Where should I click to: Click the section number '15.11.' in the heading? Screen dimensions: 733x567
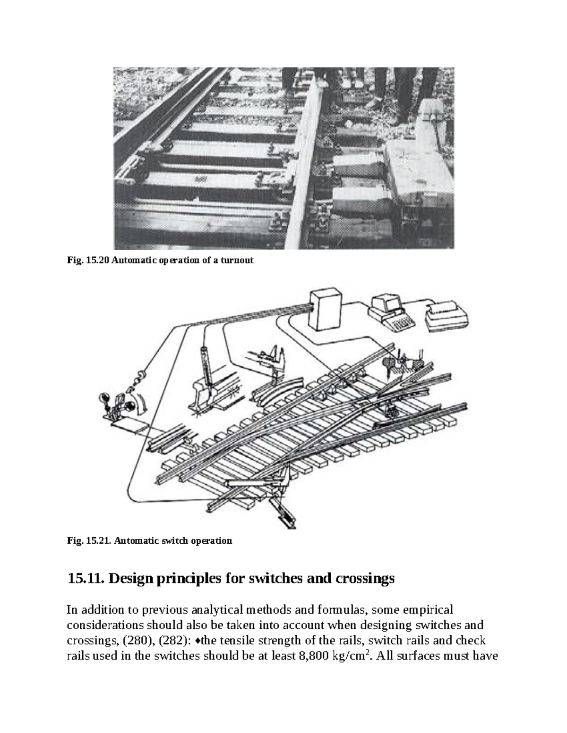point(86,579)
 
